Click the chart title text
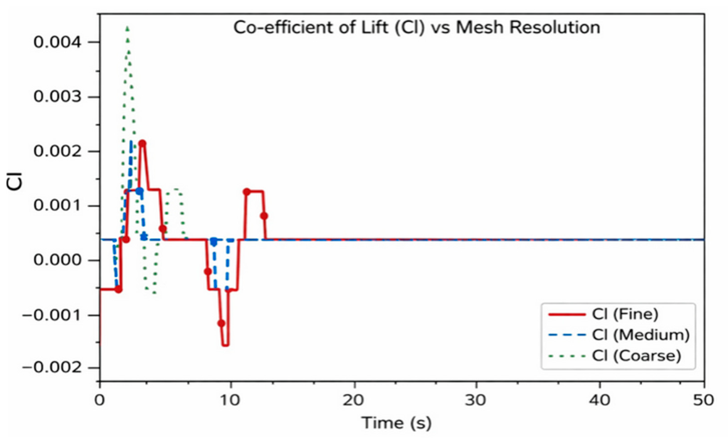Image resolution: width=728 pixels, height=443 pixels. click(x=416, y=28)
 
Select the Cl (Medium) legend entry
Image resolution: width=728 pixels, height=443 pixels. click(x=620, y=335)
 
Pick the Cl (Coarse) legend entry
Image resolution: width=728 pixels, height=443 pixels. click(x=615, y=356)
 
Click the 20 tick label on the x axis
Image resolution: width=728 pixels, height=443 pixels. click(x=355, y=399)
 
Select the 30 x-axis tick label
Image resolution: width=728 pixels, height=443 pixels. click(x=477, y=399)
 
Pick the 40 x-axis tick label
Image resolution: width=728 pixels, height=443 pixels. click(x=599, y=399)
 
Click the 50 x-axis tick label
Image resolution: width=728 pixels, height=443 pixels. click(x=704, y=399)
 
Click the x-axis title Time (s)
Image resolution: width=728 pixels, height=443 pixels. click(x=396, y=423)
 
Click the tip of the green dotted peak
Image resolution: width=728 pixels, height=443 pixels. click(x=127, y=27)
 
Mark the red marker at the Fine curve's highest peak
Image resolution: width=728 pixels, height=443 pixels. click(x=142, y=143)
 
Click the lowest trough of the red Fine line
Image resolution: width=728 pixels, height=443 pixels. click(x=225, y=345)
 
